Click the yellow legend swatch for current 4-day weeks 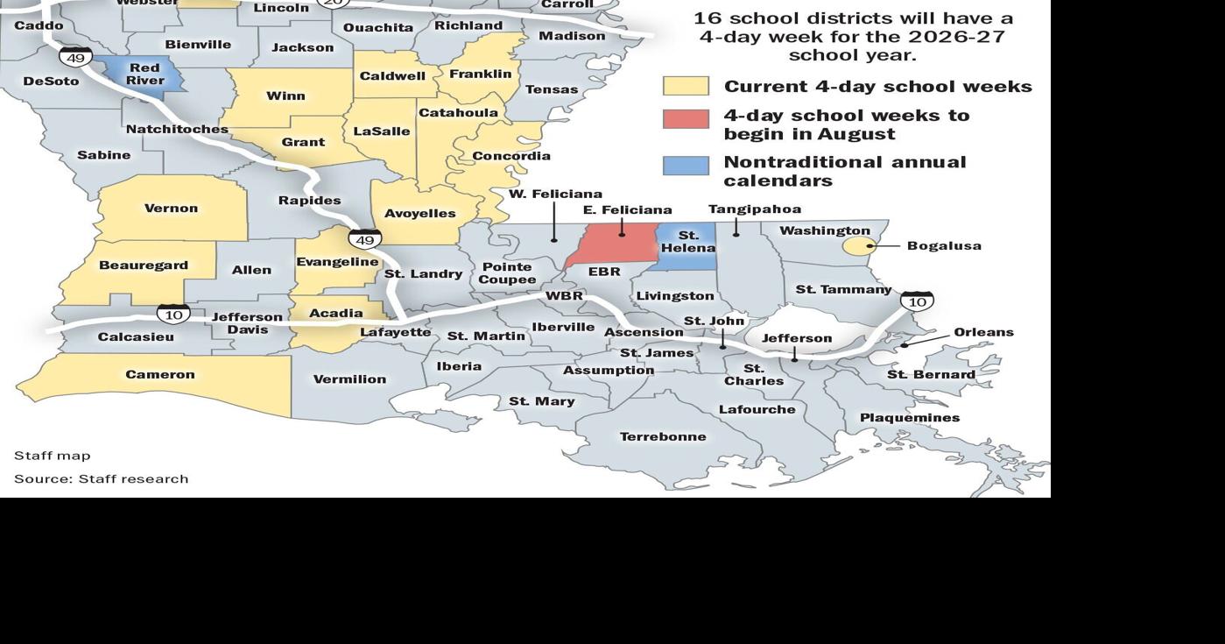pyautogui.click(x=686, y=86)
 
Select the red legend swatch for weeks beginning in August pyautogui.click(x=686, y=119)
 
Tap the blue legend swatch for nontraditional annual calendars pyautogui.click(x=686, y=166)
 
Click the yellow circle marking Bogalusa pyautogui.click(x=857, y=246)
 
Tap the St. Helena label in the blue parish pyautogui.click(x=688, y=242)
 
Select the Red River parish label pyautogui.click(x=144, y=74)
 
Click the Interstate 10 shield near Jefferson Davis pyautogui.click(x=173, y=314)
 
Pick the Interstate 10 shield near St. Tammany pyautogui.click(x=917, y=301)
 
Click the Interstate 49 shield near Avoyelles pyautogui.click(x=365, y=238)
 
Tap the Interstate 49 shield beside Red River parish pyautogui.click(x=75, y=58)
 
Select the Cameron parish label pyautogui.click(x=159, y=375)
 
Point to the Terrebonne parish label pyautogui.click(x=663, y=436)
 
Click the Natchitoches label pyautogui.click(x=177, y=130)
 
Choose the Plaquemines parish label pyautogui.click(x=909, y=418)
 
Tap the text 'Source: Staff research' pyautogui.click(x=101, y=478)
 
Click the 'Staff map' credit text pyautogui.click(x=52, y=456)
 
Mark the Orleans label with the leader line pyautogui.click(x=983, y=332)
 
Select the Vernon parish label pyautogui.click(x=171, y=209)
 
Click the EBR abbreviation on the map pyautogui.click(x=604, y=272)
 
